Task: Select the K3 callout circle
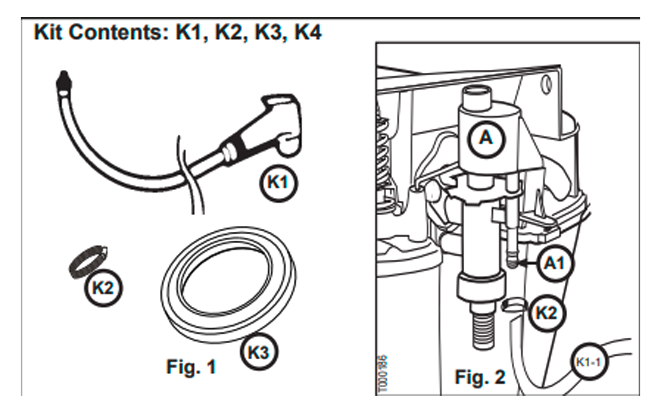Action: [259, 352]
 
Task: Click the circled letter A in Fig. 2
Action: [486, 138]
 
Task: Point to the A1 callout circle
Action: [554, 263]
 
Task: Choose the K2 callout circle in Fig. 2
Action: [547, 313]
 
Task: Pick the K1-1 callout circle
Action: [588, 363]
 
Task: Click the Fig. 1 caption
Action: [191, 367]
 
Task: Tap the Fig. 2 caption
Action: [480, 377]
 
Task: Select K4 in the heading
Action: [307, 32]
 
